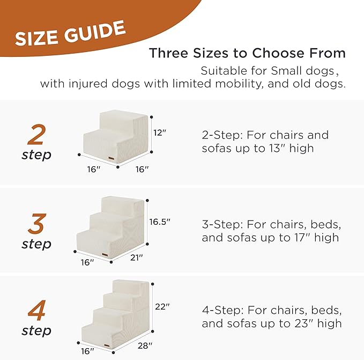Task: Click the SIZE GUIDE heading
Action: tap(70, 34)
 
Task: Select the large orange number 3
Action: tap(36, 224)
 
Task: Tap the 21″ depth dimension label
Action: tap(137, 258)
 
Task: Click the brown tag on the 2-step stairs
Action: tap(112, 158)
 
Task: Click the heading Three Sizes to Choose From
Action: tap(247, 54)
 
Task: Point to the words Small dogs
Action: tap(312, 71)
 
